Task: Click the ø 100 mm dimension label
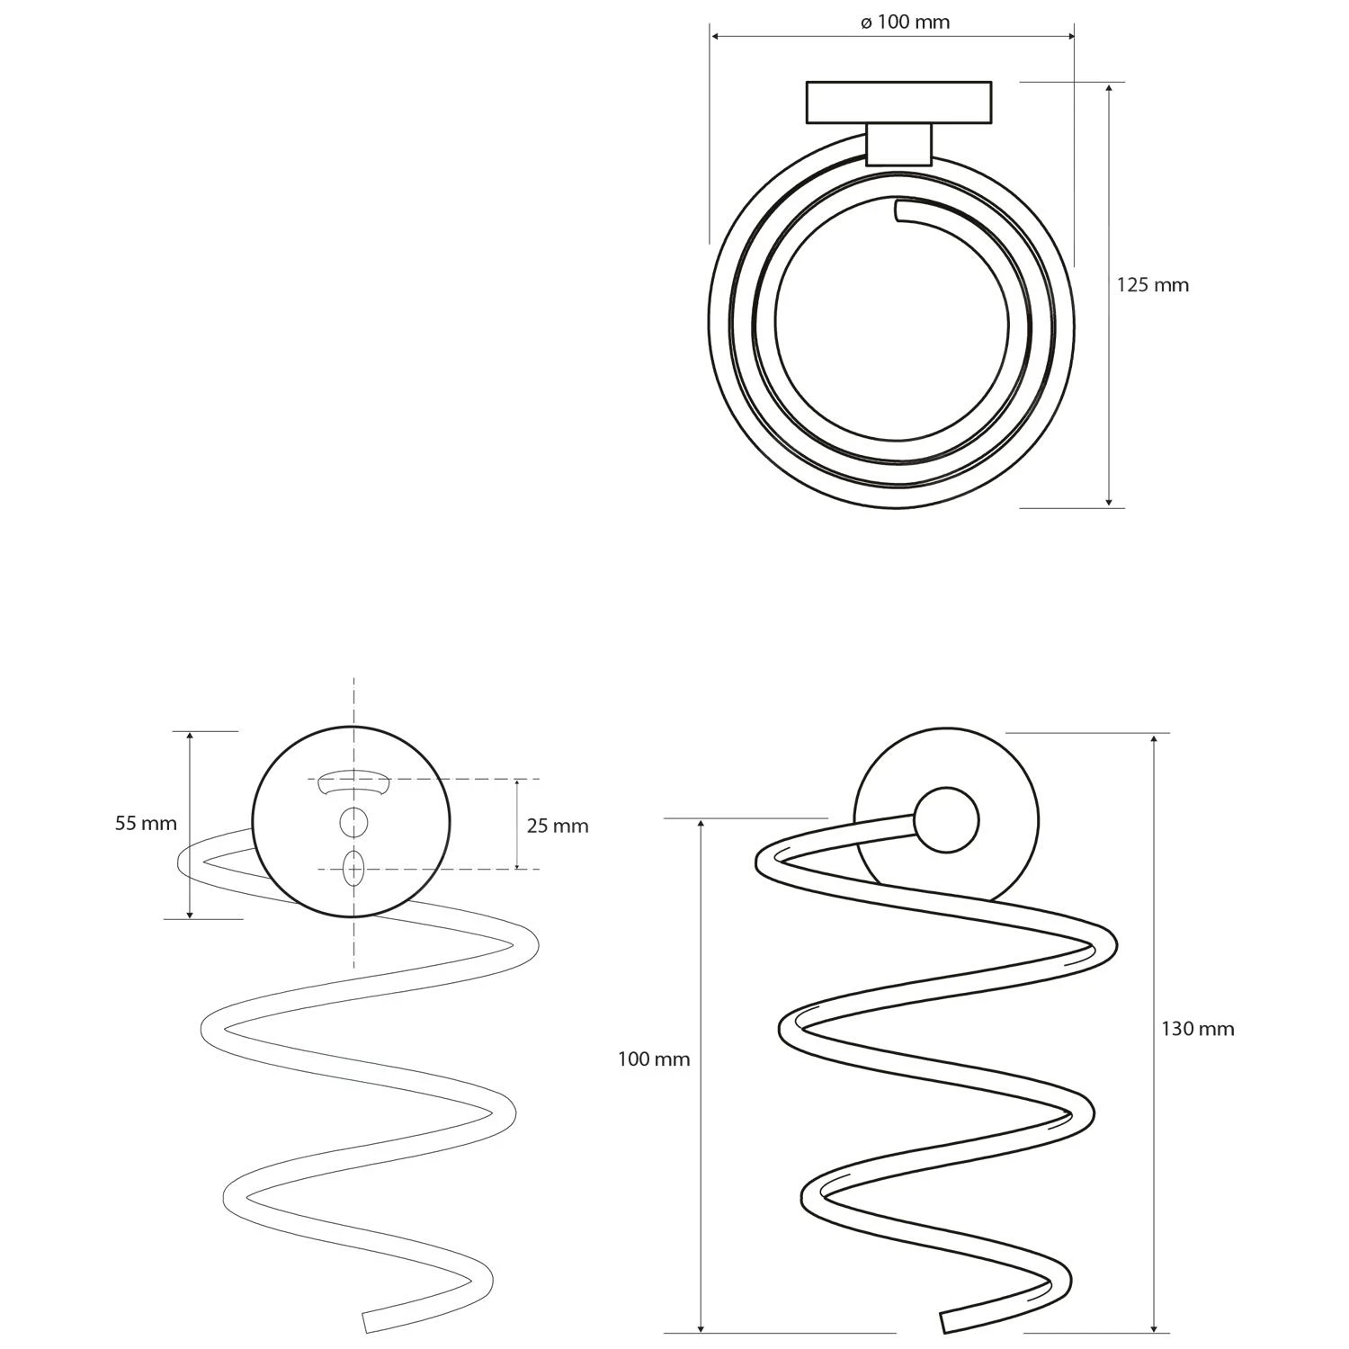[x=905, y=22]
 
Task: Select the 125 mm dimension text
[x=1152, y=285]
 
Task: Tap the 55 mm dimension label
[x=146, y=823]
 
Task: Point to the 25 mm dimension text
[x=558, y=826]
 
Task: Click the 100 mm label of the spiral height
[x=653, y=1059]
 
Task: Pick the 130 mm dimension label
[x=1197, y=1029]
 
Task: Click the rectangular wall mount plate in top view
[x=898, y=103]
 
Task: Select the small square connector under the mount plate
[x=898, y=145]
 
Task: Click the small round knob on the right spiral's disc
[x=945, y=820]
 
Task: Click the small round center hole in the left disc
[x=353, y=822]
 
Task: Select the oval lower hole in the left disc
[x=353, y=870]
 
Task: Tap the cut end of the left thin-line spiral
[x=366, y=1322]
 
